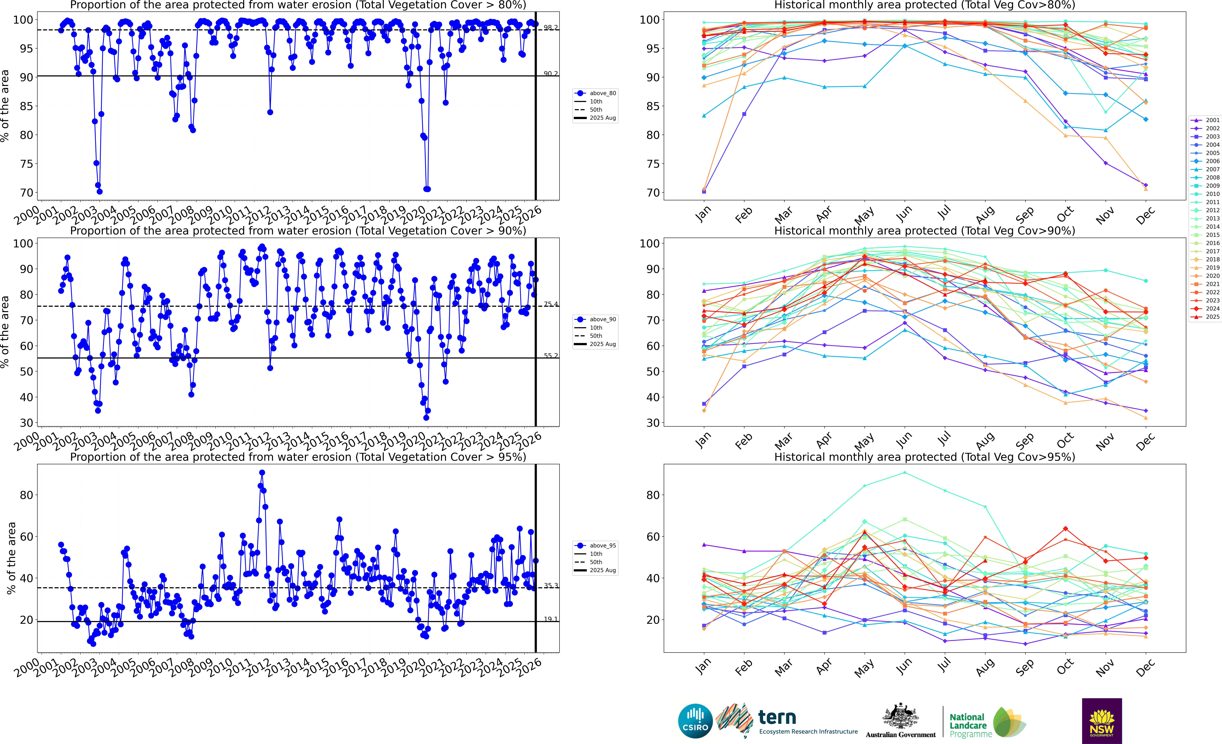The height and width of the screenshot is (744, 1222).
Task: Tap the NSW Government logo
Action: pos(1102,721)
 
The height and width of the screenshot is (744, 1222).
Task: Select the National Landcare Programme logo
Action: pos(987,723)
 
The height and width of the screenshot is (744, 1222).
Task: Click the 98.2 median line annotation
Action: pos(550,27)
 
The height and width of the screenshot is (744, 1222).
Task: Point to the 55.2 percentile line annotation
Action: pos(550,356)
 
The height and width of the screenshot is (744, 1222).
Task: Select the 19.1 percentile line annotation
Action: pos(550,619)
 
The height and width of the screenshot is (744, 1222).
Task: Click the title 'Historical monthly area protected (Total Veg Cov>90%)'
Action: pos(924,231)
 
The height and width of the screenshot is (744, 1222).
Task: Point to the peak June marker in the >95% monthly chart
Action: pos(905,473)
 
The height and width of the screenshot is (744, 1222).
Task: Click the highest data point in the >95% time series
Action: pos(262,473)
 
